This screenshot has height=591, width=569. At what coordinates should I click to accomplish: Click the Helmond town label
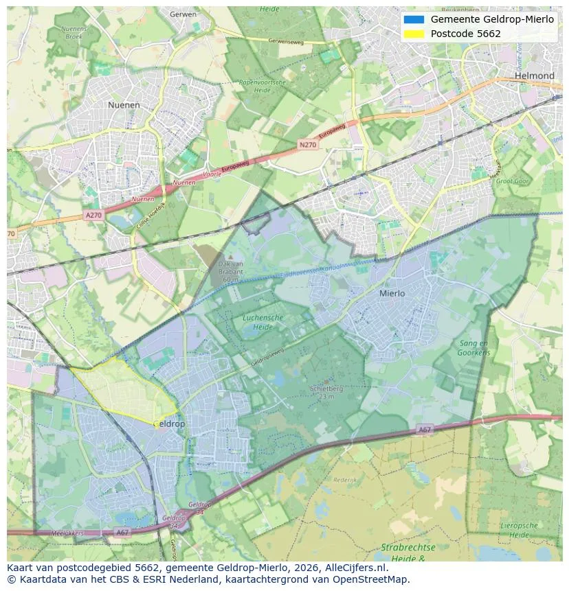534,76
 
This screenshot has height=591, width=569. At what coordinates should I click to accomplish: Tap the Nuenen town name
124,105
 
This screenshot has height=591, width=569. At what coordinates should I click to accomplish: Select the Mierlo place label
392,293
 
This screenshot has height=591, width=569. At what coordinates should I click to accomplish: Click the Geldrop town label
168,424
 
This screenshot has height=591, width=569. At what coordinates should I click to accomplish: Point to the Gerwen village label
183,14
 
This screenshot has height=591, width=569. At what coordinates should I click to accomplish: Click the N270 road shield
308,146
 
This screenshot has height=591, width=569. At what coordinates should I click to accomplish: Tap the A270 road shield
93,215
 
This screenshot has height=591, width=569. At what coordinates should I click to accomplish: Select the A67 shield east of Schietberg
425,430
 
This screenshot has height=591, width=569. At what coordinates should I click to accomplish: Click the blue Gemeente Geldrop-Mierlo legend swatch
414,19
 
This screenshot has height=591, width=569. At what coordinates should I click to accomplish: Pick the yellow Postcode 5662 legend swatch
414,34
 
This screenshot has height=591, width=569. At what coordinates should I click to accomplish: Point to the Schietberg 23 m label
322,392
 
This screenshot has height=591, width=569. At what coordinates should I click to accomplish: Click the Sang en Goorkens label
474,347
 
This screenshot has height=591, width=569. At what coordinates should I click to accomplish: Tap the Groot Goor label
512,182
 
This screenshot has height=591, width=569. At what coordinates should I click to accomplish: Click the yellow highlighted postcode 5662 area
124,391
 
